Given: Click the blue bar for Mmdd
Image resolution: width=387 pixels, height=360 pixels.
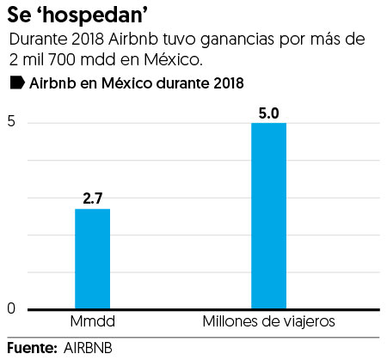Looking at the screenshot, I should (x=92, y=259).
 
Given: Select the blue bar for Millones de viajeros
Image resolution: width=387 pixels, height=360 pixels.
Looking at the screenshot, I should (x=268, y=216).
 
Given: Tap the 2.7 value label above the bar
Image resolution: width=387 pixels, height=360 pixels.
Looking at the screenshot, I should (x=92, y=198).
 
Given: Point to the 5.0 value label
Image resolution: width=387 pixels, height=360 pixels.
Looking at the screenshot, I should (x=268, y=112).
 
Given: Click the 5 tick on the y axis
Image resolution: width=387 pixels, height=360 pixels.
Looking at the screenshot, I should (x=11, y=123).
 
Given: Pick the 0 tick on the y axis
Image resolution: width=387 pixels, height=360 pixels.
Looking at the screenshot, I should (x=11, y=309).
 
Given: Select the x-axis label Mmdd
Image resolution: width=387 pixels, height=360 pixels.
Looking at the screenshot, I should (x=92, y=322).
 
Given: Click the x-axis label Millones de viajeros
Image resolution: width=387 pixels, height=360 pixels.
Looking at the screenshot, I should (x=268, y=322).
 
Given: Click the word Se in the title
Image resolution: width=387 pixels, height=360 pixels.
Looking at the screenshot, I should (x=21, y=15).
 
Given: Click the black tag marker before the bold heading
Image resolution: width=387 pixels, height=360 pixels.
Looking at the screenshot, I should (x=15, y=83).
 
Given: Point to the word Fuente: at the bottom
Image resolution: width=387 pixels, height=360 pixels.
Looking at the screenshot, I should (x=31, y=348).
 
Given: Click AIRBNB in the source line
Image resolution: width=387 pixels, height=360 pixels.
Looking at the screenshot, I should (x=88, y=348).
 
